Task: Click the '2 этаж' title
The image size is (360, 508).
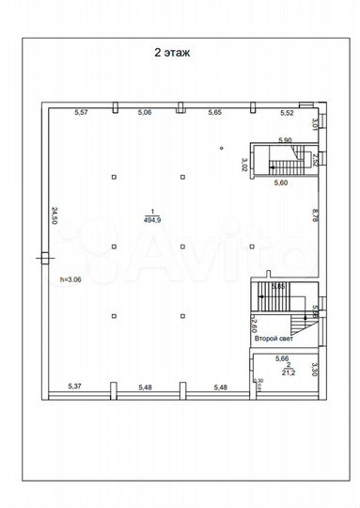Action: click(172, 54)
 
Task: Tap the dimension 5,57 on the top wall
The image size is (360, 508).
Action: click(82, 113)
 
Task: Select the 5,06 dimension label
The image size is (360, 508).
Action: click(145, 113)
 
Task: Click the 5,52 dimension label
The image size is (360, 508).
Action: click(287, 113)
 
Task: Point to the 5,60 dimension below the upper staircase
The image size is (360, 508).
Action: click(280, 183)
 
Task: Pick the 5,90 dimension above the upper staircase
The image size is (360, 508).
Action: click(286, 140)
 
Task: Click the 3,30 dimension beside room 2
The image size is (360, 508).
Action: click(317, 370)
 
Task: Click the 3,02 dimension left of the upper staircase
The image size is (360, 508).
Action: click(244, 166)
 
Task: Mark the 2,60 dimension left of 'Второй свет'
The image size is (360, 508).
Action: click(254, 325)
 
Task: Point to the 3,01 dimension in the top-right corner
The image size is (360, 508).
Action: click(315, 123)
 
